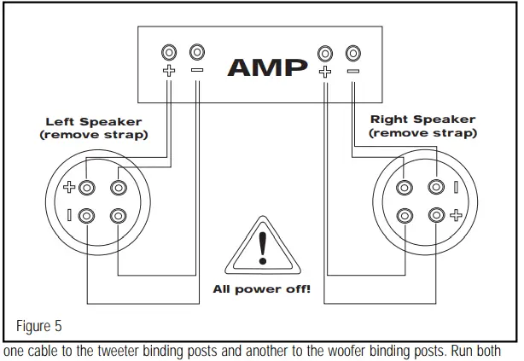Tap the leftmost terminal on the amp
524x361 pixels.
pos(170,53)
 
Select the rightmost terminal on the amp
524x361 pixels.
pos(352,53)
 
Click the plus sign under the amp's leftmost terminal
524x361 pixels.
pos(170,72)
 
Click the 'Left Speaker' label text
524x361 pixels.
pos(94,122)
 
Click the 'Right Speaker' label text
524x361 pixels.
pos(423,120)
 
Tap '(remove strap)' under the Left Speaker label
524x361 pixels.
pos(94,135)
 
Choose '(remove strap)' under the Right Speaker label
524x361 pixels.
pos(423,133)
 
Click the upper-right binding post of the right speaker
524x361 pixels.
pos(436,187)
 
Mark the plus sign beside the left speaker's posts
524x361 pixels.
pos(72,187)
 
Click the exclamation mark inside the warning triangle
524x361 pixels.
pos(262,245)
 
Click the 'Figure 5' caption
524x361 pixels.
pos(40,327)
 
